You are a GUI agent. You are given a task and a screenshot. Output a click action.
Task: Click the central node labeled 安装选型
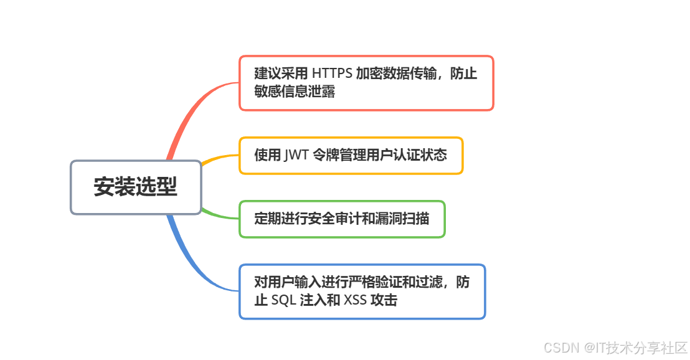(x=136, y=187)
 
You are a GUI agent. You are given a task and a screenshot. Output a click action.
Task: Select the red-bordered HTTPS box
(x=366, y=83)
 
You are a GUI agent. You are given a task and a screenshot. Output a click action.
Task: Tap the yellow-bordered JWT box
(x=351, y=156)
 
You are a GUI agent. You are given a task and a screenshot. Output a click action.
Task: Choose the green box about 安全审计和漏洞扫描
(x=342, y=219)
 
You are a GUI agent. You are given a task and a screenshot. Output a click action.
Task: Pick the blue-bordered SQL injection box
(x=362, y=291)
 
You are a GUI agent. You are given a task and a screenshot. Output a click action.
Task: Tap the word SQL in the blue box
(x=284, y=301)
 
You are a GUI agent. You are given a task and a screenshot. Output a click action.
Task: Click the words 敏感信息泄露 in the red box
(x=295, y=92)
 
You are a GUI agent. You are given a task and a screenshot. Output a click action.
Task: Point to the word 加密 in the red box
(x=369, y=73)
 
